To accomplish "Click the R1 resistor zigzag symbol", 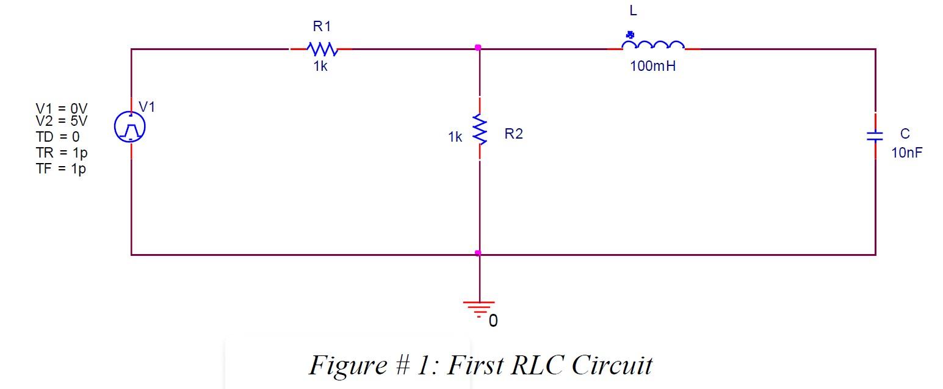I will coord(321,48).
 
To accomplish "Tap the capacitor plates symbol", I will coord(875,136).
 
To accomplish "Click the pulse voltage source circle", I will coord(130,128).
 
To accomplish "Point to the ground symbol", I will coord(479,307).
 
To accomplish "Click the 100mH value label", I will coord(652,66).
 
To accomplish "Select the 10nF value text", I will coord(906,153).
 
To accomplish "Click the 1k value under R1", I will coord(320,66).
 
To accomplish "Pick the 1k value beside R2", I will coord(455,137).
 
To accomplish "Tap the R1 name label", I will coord(322,26).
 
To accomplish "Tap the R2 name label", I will coord(513,134).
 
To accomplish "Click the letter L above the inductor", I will coord(634,10).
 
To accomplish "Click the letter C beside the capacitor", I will coord(905,134).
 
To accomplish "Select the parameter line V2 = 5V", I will coord(61,121).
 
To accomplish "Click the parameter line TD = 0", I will coord(57,137).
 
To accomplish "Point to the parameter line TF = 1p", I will coord(60,169).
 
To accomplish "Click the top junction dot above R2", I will coord(479,47).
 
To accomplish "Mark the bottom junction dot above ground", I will coord(479,253).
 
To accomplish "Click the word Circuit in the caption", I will coord(612,365).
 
